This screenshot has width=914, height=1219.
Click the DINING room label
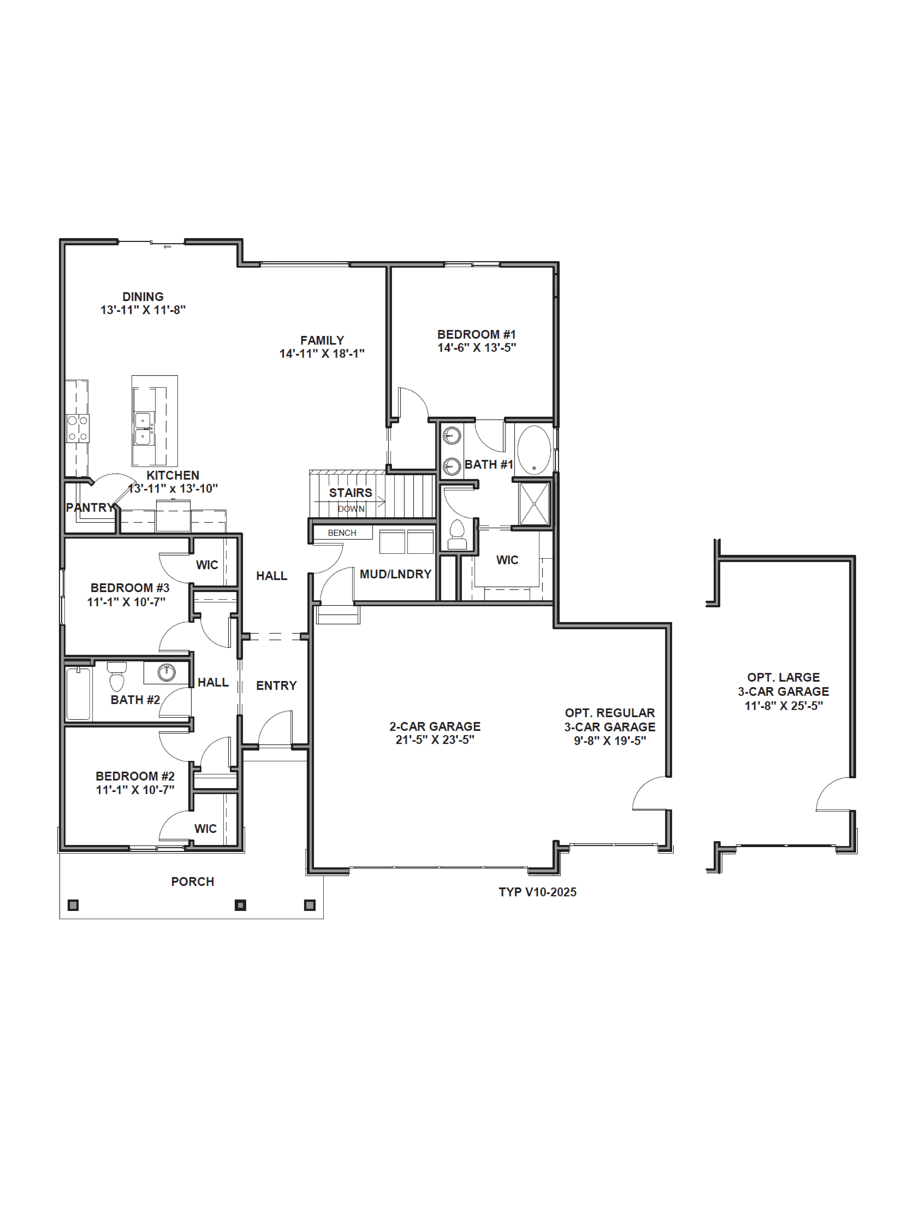[143, 296]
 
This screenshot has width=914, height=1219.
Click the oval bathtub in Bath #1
[533, 450]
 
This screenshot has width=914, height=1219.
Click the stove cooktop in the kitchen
[77, 428]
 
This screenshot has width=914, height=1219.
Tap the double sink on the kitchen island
[143, 429]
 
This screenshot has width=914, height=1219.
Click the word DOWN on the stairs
[351, 509]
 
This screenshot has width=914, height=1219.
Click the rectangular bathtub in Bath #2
[78, 693]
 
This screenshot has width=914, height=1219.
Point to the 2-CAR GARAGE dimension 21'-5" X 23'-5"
[435, 740]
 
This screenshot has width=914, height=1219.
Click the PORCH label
[192, 882]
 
